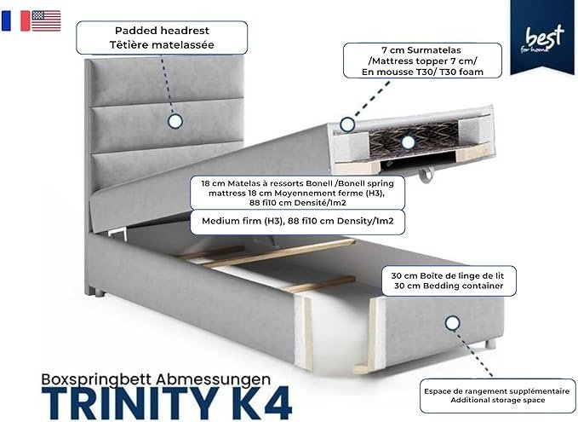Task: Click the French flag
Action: coord(16,20)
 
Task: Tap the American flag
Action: coord(46,20)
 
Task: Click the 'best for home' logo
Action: coord(542,37)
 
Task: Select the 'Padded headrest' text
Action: coord(162,31)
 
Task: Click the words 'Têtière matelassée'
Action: coord(162,44)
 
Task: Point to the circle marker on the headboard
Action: coord(175,121)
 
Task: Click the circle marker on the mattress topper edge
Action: coord(346,124)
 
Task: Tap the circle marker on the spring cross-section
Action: coord(408,142)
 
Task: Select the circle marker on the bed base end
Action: coord(452,323)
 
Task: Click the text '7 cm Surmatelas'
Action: coord(421,49)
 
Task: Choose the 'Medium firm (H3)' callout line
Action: coord(298,221)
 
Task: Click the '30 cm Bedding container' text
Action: coord(449,286)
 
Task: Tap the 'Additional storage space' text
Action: coord(497,400)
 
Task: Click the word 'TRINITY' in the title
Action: coord(129,403)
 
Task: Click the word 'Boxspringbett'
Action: coord(96,380)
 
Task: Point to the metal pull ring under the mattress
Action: coord(426,174)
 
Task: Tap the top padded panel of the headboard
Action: coord(167,80)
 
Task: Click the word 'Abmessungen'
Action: coord(213,380)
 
